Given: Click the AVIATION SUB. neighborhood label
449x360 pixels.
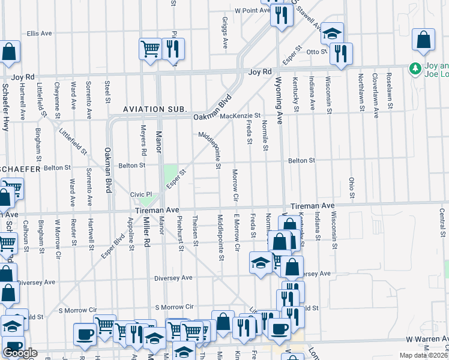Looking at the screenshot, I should pyautogui.click(x=155, y=109).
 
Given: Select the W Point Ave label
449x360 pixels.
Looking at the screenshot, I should pyautogui.click(x=253, y=11).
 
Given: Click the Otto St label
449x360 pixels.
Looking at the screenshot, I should pyautogui.click(x=316, y=52).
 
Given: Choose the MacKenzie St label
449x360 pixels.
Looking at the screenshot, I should pyautogui.click(x=240, y=115).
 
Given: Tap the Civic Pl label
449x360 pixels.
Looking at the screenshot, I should pyautogui.click(x=142, y=195).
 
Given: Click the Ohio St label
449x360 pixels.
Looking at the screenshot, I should pyautogui.click(x=352, y=188).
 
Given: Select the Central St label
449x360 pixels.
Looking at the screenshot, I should pyautogui.click(x=442, y=223).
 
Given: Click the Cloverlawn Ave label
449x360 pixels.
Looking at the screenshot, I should pyautogui.click(x=375, y=88).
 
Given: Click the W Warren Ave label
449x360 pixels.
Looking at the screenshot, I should pyautogui.click(x=426, y=339).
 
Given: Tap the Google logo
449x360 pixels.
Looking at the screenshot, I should pyautogui.click(x=20, y=353).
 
